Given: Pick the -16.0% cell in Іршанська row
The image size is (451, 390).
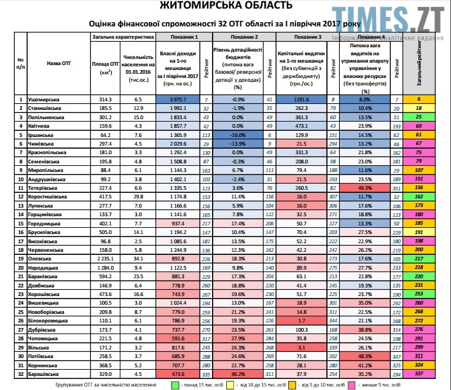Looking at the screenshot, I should pyautogui.click(x=237, y=134).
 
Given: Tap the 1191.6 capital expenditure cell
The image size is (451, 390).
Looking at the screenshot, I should pyautogui.click(x=300, y=99).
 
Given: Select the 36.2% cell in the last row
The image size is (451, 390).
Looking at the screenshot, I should pyautogui.click(x=237, y=373).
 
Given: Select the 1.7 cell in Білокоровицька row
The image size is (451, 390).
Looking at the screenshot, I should pyautogui.click(x=300, y=320).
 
